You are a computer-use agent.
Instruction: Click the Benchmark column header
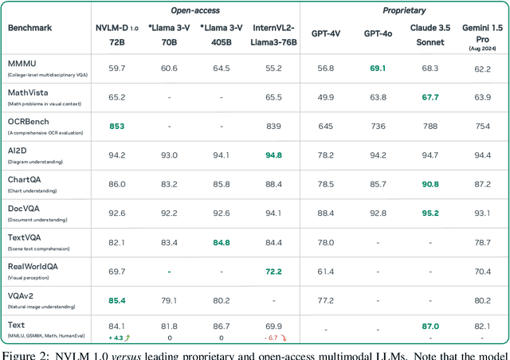tap(31, 27)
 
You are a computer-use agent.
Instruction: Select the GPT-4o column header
tap(377, 33)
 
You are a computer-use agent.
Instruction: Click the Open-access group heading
tap(195, 10)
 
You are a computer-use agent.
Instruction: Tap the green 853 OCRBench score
tap(116, 126)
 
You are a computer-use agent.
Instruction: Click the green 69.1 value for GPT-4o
tap(377, 68)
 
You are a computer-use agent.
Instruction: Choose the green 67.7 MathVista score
tap(430, 97)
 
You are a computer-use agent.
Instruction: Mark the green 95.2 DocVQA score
tap(430, 213)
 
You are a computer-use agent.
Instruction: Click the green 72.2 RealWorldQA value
tap(273, 272)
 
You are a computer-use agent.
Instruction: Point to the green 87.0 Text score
tap(430, 327)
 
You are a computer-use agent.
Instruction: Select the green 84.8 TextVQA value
tap(222, 242)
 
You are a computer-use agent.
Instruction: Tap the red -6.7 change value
tap(270, 338)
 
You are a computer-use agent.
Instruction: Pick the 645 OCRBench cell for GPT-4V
tap(325, 126)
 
